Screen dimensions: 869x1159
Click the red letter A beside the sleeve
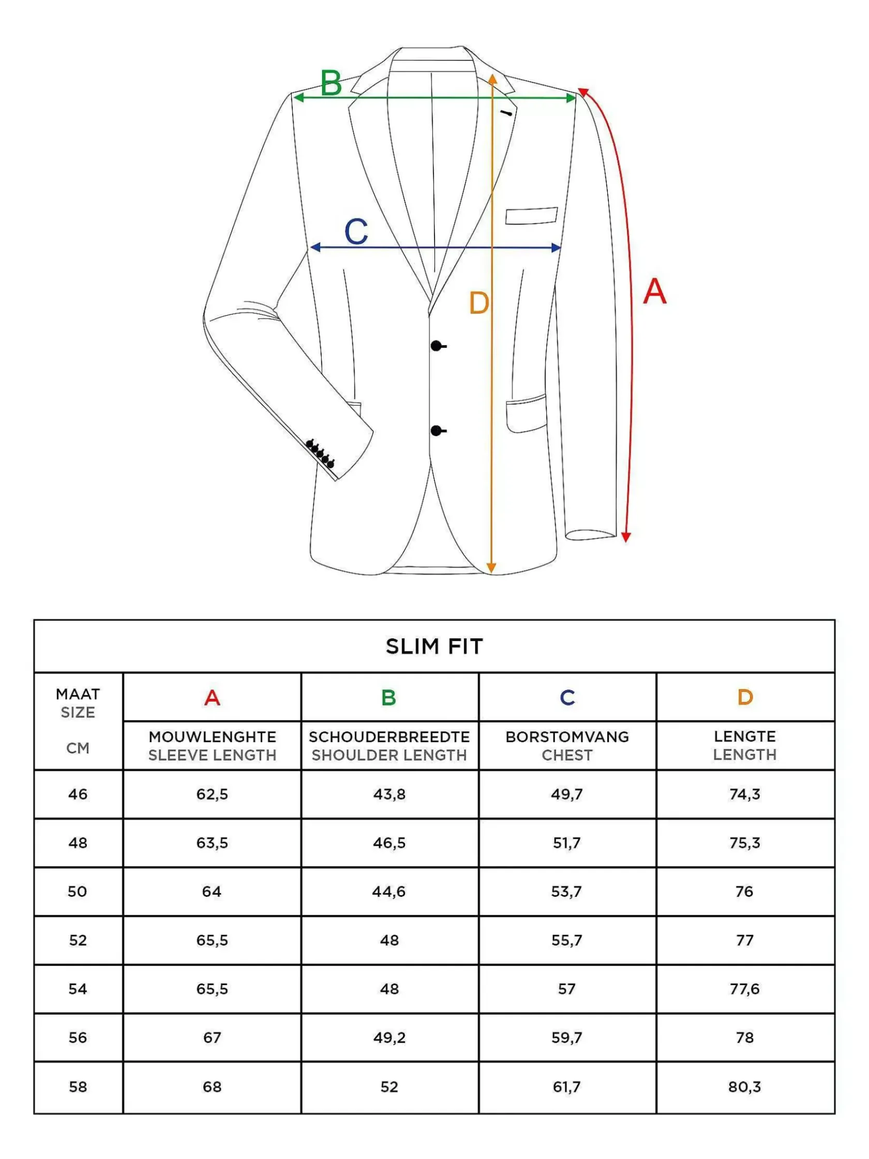click(x=655, y=291)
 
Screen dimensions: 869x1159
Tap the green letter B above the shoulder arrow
click(x=331, y=83)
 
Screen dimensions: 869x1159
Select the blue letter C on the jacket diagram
click(x=356, y=232)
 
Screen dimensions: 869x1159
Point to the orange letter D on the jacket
click(x=479, y=303)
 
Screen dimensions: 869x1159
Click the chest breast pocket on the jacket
click(x=531, y=215)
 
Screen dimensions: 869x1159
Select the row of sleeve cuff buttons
click(x=320, y=453)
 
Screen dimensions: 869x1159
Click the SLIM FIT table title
click(x=434, y=647)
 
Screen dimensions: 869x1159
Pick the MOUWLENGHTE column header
click(x=212, y=737)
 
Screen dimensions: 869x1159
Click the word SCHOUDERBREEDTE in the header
click(x=389, y=737)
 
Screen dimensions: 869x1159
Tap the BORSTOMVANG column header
click(x=567, y=737)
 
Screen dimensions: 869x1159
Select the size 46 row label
click(x=78, y=794)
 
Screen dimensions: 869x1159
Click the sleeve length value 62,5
click(x=212, y=794)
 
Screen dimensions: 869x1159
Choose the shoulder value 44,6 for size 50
click(x=389, y=891)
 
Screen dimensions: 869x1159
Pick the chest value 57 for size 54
click(x=567, y=989)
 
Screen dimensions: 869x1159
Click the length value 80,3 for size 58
click(x=744, y=1087)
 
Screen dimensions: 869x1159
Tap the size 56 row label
click(x=78, y=1037)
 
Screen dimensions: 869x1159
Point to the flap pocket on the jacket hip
click(x=526, y=413)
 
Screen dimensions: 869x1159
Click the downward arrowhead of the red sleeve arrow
click(x=626, y=537)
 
